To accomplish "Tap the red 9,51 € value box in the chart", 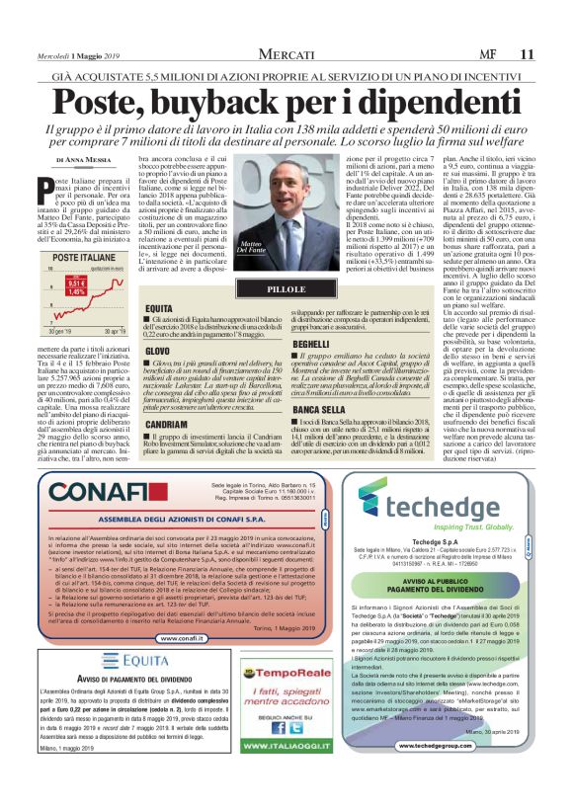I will point(76,284).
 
